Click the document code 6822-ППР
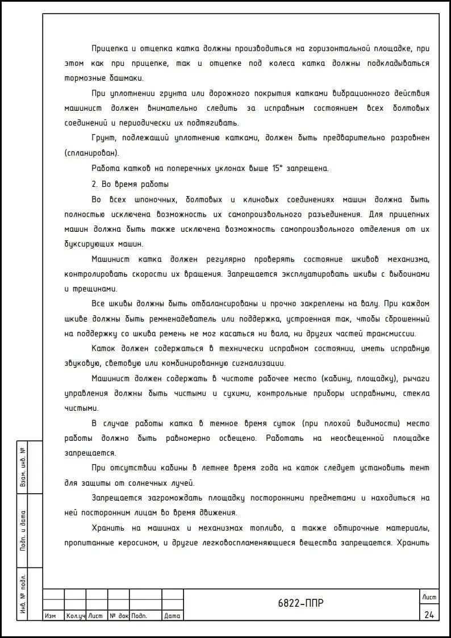tap(301, 603)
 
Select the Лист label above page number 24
tap(428, 597)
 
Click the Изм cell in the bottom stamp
tap(50, 616)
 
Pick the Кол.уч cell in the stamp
tap(74, 616)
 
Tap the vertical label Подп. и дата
tap(23, 531)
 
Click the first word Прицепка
tap(111, 48)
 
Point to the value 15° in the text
tap(278, 168)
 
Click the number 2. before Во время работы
tap(95, 184)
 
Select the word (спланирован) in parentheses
tap(91, 153)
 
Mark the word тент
tap(421, 468)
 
